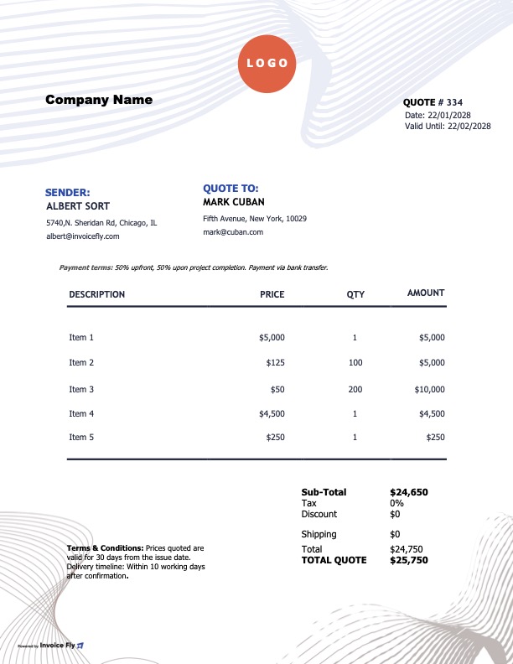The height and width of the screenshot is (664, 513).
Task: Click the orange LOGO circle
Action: [268, 63]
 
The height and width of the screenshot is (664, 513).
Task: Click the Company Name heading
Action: [99, 100]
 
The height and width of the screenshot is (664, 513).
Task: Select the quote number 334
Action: [477, 102]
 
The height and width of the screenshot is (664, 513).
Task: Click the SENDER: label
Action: [67, 193]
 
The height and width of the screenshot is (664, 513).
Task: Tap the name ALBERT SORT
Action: [78, 205]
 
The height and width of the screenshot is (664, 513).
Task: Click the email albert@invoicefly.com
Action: [83, 236]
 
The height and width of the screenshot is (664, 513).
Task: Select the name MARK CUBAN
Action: [234, 202]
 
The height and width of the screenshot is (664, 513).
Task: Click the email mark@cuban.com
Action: [233, 232]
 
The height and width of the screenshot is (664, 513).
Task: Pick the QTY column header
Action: [355, 294]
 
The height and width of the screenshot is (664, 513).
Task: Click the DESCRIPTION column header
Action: [96, 294]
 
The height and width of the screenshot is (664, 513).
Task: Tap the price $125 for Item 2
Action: [275, 362]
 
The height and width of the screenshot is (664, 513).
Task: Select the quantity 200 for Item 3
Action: [355, 389]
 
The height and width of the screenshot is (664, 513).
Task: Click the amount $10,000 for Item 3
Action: [429, 389]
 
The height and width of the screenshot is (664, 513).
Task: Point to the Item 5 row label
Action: [81, 437]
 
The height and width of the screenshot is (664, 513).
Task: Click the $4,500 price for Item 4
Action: [272, 413]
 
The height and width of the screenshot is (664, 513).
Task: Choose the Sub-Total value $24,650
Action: [409, 492]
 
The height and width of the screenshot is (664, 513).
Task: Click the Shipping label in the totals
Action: [319, 534]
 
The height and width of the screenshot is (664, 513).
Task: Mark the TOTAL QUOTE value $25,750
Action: [409, 560]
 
